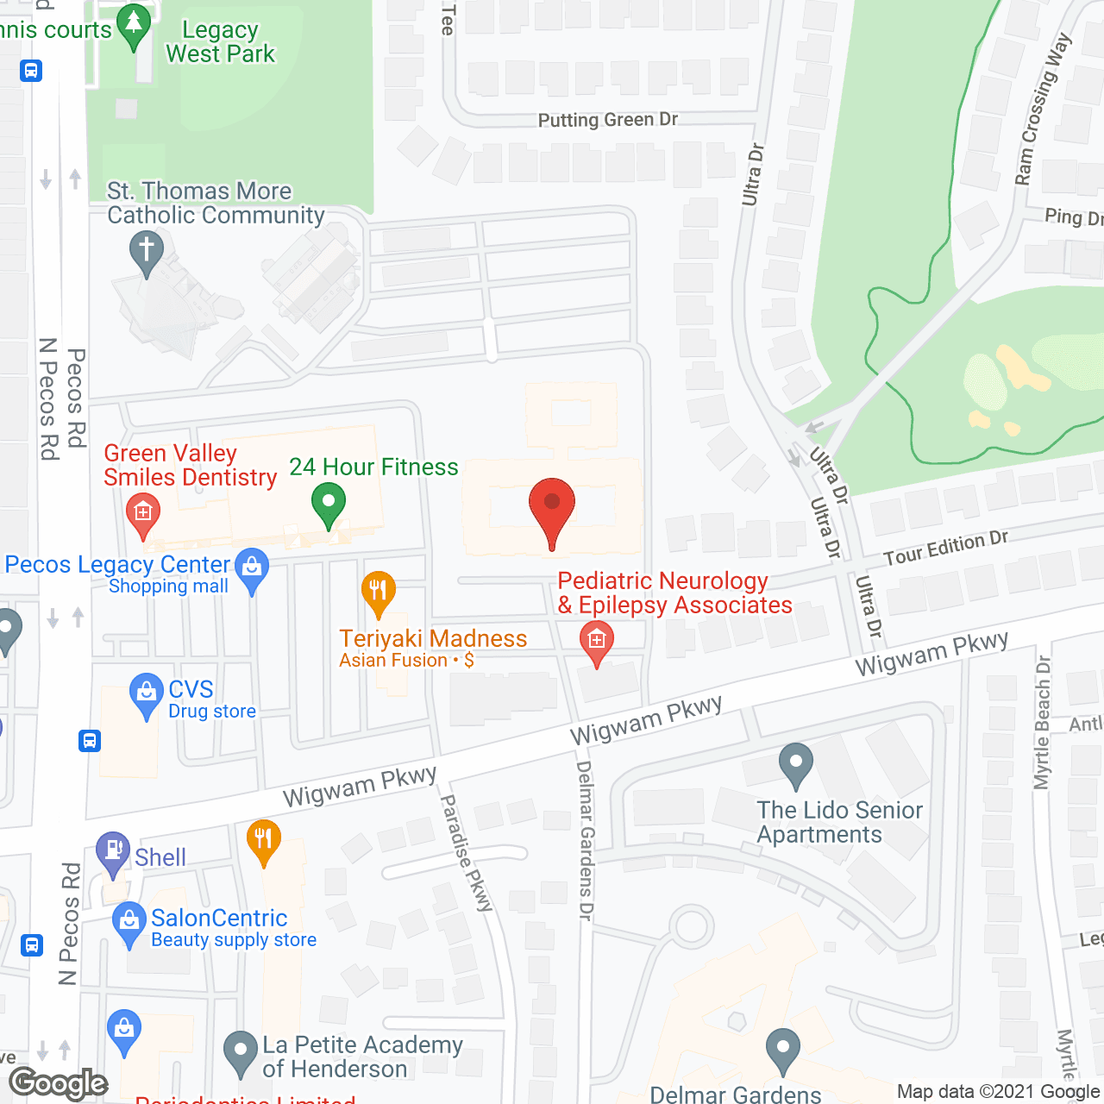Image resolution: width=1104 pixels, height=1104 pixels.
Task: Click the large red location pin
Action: (x=551, y=509)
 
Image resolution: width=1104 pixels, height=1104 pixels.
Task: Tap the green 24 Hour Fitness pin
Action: (x=328, y=505)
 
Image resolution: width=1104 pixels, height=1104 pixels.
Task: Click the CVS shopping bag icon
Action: (x=146, y=694)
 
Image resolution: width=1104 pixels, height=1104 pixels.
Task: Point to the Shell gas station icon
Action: (x=113, y=853)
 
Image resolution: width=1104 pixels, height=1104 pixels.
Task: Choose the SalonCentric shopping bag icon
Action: (x=129, y=923)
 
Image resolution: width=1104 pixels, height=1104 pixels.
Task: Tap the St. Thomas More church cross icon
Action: (x=147, y=254)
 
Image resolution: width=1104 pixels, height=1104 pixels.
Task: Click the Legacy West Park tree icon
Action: (x=134, y=26)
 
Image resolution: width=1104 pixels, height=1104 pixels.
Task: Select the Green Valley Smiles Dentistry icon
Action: (x=143, y=512)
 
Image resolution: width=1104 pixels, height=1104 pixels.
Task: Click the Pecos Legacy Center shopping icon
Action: (x=252, y=570)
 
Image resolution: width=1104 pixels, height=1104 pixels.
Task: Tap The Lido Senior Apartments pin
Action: (x=795, y=764)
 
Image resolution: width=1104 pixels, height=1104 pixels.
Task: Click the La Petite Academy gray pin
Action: (x=241, y=1053)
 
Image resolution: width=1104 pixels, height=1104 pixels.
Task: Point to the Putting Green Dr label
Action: (x=608, y=120)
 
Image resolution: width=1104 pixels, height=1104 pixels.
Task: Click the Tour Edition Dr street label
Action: (x=946, y=548)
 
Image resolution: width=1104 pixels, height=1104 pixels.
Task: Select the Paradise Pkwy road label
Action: (x=467, y=852)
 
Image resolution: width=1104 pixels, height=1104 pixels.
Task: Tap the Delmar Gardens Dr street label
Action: (x=585, y=841)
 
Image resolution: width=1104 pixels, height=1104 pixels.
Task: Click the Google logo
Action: (x=59, y=1083)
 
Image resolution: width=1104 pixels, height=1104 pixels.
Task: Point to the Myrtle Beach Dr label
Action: (x=1043, y=723)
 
